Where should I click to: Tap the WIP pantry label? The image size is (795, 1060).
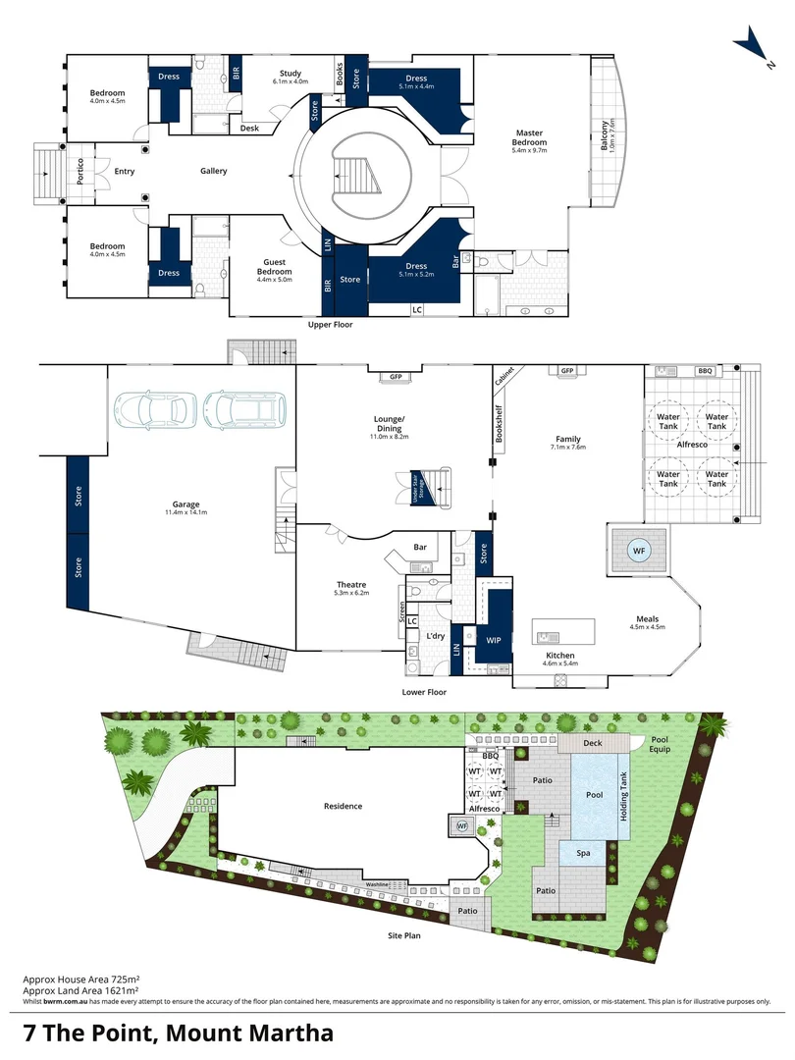tap(494, 640)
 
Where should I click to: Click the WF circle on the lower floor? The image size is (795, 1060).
tap(639, 552)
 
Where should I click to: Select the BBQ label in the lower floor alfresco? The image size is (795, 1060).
tap(704, 371)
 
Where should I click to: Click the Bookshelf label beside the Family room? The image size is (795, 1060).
tap(499, 425)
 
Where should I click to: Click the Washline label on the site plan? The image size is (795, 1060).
tap(380, 883)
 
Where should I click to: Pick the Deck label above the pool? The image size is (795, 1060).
tap(592, 743)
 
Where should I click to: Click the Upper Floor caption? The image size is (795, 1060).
tap(329, 324)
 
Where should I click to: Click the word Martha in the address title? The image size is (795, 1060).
tap(286, 1033)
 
